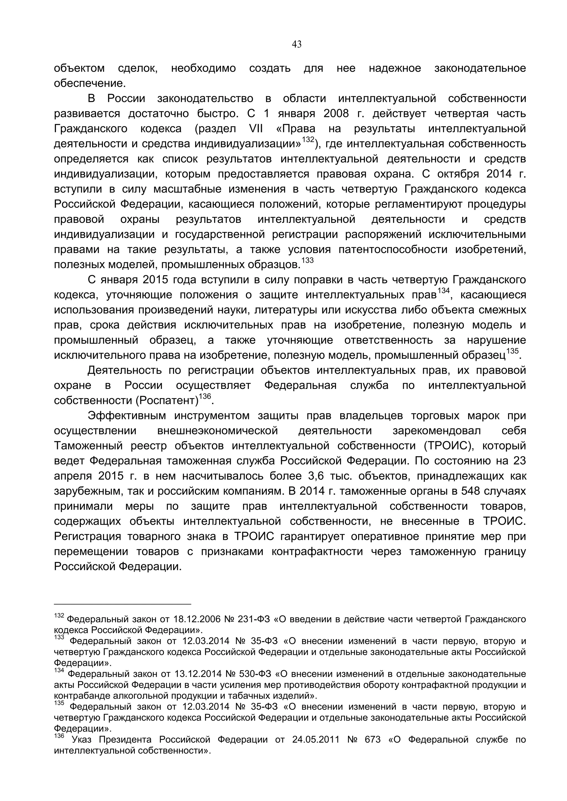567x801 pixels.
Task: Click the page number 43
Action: coord(297,45)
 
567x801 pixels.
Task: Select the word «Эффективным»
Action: coord(127,415)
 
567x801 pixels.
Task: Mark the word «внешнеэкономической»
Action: coord(218,431)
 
